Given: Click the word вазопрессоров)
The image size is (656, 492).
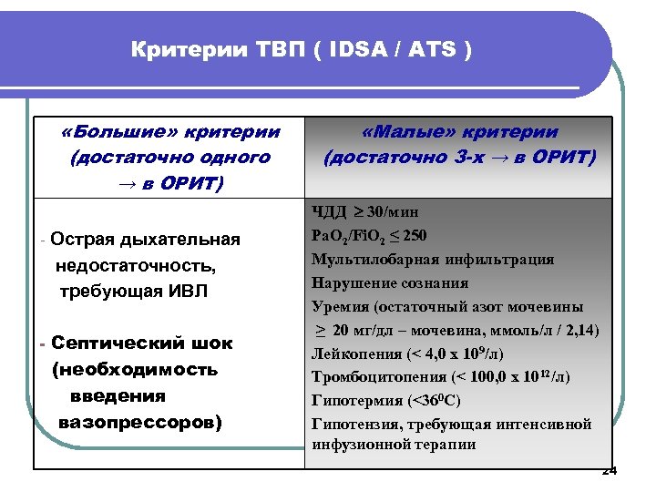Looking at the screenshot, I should (x=139, y=423).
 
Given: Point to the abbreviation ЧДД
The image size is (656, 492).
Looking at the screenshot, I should (x=330, y=212).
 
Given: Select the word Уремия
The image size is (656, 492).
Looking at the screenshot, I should (x=338, y=307).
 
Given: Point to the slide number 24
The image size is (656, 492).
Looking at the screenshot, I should (x=610, y=471).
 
